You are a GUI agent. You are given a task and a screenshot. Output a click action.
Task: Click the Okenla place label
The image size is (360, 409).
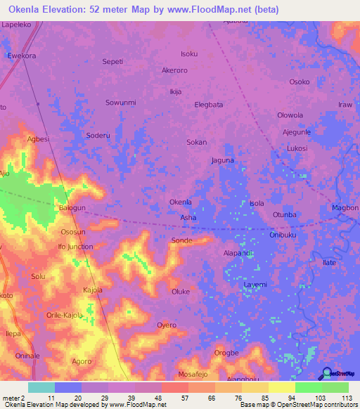coord(181,202)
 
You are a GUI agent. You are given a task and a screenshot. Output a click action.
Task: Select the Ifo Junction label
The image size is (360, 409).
coord(75,247)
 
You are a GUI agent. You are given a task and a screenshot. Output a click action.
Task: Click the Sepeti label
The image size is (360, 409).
coord(113,62)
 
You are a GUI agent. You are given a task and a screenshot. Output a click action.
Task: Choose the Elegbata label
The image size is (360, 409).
coord(209,105)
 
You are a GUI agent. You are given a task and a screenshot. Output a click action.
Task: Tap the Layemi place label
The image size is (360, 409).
coord(255,285)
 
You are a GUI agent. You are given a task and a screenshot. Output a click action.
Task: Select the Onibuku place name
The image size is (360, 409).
coord(284,235)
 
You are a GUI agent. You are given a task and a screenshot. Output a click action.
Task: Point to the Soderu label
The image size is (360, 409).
coord(98,136)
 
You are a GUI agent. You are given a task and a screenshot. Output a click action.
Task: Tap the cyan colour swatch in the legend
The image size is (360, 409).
coord(41,387)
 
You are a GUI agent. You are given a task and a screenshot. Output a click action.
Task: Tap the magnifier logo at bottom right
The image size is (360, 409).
coord(327,374)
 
